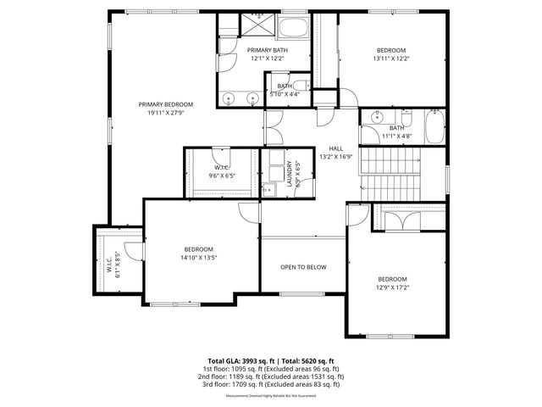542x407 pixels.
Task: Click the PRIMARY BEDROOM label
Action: (x=166, y=103)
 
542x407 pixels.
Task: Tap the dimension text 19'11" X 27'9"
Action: (x=166, y=112)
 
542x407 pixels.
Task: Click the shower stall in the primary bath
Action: (x=254, y=25)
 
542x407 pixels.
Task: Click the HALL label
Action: (x=335, y=148)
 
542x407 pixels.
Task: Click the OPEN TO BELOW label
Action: (x=303, y=267)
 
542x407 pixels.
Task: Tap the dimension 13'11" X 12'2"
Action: (x=391, y=59)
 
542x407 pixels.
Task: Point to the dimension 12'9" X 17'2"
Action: (x=392, y=288)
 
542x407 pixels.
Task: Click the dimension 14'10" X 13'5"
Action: (x=198, y=258)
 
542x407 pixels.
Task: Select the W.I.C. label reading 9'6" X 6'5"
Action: (x=221, y=175)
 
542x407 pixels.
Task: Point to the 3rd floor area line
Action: (x=270, y=384)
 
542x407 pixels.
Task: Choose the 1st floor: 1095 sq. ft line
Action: (x=270, y=369)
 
